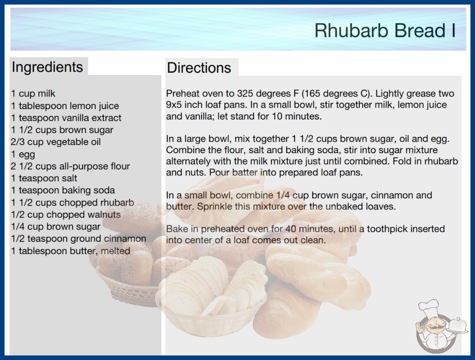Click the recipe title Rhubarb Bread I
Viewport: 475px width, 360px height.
pos(385,30)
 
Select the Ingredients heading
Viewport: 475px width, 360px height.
pos(47,67)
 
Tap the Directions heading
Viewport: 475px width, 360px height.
pos(199,68)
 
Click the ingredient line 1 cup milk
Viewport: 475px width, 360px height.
pos(33,94)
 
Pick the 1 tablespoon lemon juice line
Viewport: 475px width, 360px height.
pos(65,106)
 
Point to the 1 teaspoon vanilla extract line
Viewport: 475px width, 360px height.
pos(66,118)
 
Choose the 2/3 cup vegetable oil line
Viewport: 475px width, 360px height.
pos(56,142)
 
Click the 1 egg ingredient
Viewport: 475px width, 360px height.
pos(23,155)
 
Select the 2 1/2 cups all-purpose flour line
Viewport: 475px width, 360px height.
pos(70,166)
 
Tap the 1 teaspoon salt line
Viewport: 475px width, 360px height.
pos(44,178)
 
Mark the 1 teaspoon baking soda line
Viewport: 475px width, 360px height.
pos(63,190)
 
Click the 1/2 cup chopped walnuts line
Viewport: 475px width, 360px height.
pos(66,215)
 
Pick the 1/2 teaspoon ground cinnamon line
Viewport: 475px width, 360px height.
pos(79,239)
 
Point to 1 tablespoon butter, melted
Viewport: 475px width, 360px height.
pos(70,251)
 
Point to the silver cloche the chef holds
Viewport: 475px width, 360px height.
pos(458,325)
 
